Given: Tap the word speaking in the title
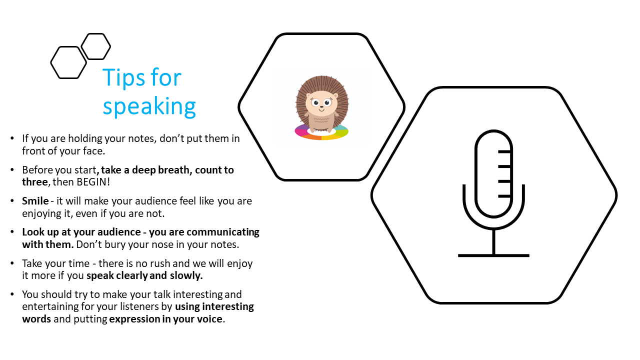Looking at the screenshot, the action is point(149,107).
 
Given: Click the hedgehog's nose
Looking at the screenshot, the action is point(321,107).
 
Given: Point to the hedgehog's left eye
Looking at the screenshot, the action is point(315,102).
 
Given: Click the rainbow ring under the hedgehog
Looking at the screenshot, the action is point(321,136).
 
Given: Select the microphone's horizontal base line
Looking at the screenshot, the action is point(493,255).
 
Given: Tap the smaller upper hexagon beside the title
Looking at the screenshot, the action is point(95,46).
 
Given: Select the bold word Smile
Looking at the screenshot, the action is point(35,201).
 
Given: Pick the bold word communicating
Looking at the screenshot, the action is point(223,232).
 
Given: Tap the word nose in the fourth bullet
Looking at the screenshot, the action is point(171,245).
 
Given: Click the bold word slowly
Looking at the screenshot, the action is point(186,275).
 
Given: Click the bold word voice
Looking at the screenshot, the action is point(209,319).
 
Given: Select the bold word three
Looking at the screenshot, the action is point(35,182).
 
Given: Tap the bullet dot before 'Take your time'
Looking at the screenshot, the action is point(12,263).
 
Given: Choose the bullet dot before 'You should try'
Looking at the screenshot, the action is point(12,293).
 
